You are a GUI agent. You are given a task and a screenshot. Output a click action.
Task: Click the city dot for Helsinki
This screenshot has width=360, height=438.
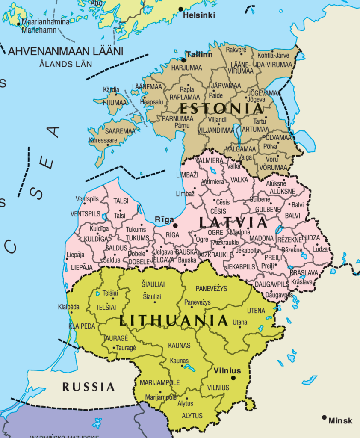tap(180, 9)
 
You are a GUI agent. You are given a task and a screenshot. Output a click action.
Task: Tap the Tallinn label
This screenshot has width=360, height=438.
tap(199, 55)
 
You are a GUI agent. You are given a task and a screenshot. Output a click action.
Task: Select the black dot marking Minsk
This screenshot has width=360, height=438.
tap(325, 417)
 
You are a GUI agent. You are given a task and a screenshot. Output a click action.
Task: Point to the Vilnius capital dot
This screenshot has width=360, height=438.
tap(233, 378)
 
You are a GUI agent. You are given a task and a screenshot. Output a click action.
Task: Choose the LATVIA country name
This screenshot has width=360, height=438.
tap(233, 222)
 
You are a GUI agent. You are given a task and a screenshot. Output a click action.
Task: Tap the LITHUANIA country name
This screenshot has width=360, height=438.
tap(173, 320)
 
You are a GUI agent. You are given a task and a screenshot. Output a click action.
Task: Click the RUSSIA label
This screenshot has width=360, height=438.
tap(89, 387)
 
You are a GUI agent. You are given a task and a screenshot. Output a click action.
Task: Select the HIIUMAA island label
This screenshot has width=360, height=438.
tap(111, 103)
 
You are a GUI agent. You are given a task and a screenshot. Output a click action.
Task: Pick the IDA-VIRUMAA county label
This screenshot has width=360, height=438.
tap(273, 64)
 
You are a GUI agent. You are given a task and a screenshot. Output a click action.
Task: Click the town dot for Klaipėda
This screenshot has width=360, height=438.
tap(71, 312)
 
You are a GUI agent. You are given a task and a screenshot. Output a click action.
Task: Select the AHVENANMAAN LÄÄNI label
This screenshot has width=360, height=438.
tap(65, 52)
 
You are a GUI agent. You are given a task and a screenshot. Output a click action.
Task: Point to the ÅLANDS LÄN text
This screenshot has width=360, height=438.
tap(65, 64)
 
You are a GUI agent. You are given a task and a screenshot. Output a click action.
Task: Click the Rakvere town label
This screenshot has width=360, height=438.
tap(236, 50)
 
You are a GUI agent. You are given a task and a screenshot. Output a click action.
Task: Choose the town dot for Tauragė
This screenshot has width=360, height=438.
tap(114, 348)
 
